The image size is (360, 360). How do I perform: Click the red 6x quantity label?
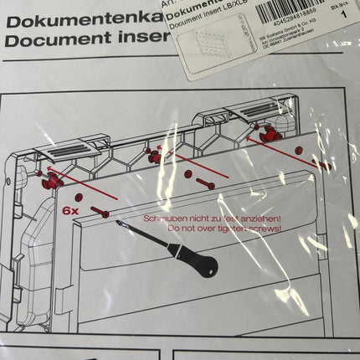(x=71, y=212)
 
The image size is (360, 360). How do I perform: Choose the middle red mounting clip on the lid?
(x=154, y=153)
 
